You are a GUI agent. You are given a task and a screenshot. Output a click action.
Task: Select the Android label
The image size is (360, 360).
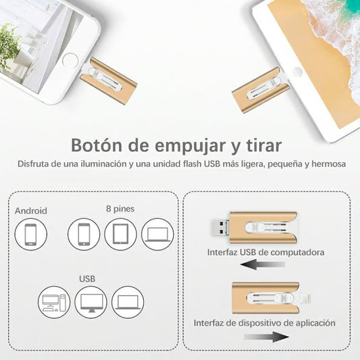coord(31,211)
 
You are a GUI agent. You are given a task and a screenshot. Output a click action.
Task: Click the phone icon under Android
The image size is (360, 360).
coord(31,234)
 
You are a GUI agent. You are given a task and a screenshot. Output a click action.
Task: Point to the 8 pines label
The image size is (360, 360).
coord(120,209)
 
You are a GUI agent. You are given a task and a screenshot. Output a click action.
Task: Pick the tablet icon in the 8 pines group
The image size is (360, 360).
coord(120,234)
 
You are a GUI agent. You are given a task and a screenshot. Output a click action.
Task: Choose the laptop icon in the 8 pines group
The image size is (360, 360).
coord(157,234)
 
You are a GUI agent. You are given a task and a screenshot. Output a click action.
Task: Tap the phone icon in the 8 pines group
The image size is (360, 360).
coord(84,234)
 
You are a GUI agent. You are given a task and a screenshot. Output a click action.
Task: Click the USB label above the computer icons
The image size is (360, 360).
coord(87,278)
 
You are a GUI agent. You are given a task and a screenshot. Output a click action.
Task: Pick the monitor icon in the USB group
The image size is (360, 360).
coord(91,302)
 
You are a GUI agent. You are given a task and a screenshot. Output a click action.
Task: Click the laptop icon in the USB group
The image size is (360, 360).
coord(128,302)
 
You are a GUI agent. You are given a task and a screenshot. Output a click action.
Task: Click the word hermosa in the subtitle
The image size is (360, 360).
coord(327,165)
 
